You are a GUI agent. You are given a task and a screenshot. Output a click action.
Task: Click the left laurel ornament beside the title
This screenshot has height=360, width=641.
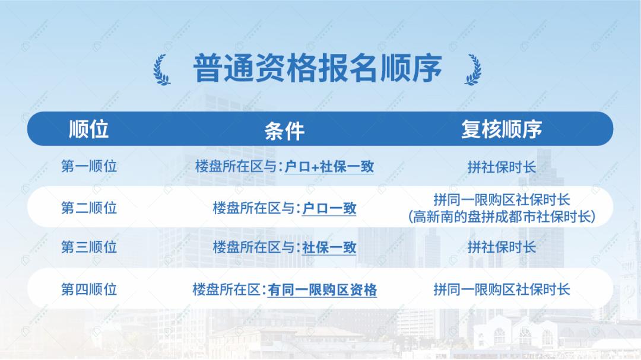pos(161,70)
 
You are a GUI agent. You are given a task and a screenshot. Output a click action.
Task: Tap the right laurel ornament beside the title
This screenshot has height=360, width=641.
pos(473,70)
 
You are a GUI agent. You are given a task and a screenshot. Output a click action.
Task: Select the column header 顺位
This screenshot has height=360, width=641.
pos(89,129)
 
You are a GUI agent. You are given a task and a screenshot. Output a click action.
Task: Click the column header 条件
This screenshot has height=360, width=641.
pos(284,130)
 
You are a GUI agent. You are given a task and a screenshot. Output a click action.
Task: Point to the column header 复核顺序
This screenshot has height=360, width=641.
pos(502,129)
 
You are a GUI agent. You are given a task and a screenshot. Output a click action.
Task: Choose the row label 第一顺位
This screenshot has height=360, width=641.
pos(89,167)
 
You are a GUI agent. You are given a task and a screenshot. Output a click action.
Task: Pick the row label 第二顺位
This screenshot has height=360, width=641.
pos(89,208)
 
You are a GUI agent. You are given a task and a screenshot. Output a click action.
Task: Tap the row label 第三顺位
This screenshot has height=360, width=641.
pos(89,247)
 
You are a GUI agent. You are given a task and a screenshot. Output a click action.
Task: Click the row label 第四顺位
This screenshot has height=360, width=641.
pos(89,289)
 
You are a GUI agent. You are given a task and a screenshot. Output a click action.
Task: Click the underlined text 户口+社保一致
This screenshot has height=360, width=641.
pos(329,167)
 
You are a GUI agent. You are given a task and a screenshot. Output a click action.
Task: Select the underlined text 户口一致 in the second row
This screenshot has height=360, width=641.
pos(329,208)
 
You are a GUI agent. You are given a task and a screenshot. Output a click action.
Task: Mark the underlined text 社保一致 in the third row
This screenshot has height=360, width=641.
pos(329,248)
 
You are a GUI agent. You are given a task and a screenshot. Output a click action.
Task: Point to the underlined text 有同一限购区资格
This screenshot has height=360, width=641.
pos(322,290)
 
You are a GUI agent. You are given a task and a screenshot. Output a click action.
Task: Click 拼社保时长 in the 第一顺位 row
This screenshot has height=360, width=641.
pos(502,167)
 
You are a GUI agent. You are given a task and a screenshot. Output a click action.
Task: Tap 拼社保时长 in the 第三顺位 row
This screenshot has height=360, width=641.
pos(502,247)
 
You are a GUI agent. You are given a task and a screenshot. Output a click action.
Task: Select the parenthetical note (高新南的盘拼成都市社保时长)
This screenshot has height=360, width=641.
pos(502,216)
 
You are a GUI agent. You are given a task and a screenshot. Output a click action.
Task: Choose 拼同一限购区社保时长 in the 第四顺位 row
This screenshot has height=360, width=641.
pos(502,289)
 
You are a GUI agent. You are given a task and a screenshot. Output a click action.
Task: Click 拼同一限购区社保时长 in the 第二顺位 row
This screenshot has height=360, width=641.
pos(502,200)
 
